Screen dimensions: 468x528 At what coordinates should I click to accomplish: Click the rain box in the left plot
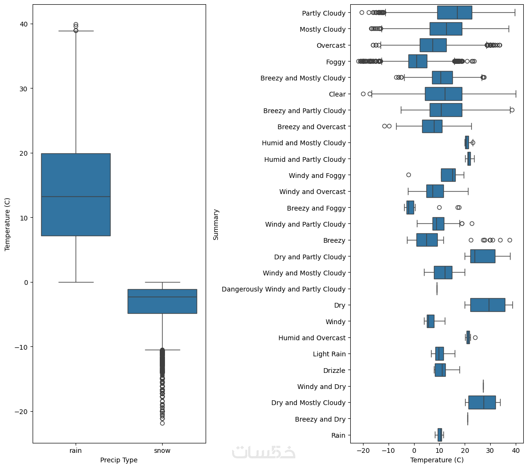(76, 194)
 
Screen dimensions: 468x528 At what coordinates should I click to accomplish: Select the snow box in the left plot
(162, 301)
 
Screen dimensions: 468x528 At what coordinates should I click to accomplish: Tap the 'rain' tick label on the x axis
(76, 451)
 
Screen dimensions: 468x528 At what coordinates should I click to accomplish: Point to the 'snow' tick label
(162, 451)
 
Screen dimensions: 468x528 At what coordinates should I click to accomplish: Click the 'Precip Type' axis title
(119, 460)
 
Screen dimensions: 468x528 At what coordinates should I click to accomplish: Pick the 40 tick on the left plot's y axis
(23, 24)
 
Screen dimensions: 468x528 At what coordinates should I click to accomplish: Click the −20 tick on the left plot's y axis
(20, 411)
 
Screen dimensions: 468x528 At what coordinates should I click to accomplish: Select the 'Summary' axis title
(216, 224)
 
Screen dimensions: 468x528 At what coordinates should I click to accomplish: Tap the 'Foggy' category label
(336, 62)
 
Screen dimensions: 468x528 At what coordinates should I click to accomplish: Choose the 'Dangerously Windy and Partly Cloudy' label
(284, 289)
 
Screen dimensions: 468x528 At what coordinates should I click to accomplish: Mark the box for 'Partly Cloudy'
(454, 13)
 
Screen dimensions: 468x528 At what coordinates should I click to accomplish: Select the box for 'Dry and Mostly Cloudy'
(482, 403)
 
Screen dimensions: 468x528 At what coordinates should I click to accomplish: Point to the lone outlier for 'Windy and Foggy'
(408, 175)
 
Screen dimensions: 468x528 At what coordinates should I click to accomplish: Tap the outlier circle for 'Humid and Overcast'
(475, 337)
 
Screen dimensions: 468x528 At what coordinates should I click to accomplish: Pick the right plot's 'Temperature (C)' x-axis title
(437, 460)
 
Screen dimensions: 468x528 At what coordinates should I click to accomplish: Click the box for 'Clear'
(443, 94)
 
